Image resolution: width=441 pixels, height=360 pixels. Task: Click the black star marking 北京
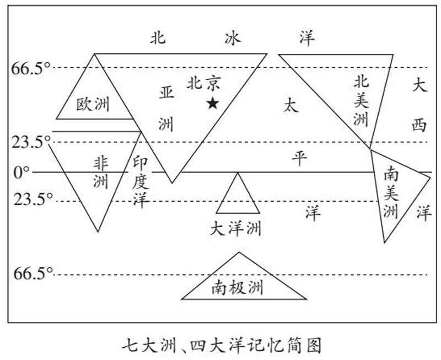(x=212, y=103)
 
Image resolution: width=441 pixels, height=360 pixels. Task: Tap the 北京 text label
(x=203, y=83)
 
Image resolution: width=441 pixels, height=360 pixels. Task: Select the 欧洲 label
(x=93, y=104)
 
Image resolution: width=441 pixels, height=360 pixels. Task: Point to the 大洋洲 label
(x=238, y=228)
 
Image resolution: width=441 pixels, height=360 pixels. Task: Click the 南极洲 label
(x=238, y=287)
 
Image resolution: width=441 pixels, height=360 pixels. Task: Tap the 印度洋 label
(x=141, y=180)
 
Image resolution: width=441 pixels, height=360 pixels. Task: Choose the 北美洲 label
(x=362, y=100)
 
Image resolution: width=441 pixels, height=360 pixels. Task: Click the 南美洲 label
(x=390, y=192)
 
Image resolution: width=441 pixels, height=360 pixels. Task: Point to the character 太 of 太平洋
(x=291, y=105)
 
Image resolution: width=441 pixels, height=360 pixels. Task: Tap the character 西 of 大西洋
(x=419, y=126)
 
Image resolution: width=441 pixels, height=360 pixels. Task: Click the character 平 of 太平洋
(x=299, y=158)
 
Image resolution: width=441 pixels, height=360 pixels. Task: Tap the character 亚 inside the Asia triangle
(x=166, y=92)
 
